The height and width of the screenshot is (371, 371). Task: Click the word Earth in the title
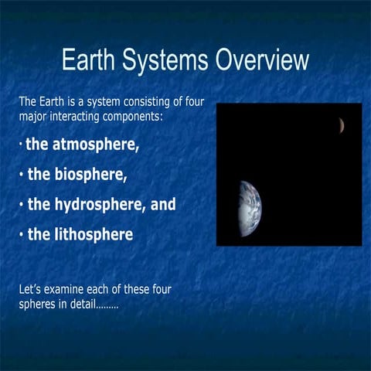pyautogui.click(x=87, y=60)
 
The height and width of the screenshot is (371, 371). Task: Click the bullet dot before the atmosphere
pyautogui.click(x=21, y=145)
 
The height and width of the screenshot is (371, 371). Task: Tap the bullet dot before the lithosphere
pyautogui.click(x=21, y=234)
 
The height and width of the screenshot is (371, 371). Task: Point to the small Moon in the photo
pyautogui.click(x=340, y=125)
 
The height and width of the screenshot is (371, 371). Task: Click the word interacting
pyautogui.click(x=89, y=117)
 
